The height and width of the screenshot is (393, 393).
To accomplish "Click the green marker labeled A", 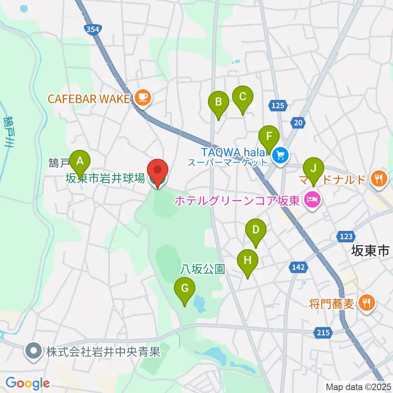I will pos(80,160).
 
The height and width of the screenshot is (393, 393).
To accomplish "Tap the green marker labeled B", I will pos(218,102).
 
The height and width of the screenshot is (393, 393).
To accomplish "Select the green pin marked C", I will pos(242,97).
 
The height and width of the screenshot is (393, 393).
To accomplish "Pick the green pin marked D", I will pos(255,230).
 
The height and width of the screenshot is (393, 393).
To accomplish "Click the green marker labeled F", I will pos(269,136).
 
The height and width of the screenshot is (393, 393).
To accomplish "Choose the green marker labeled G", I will pos(185,289).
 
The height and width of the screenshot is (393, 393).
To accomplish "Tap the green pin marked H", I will pos(248,260).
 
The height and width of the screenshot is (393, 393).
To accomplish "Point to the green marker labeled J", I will pos(314,168).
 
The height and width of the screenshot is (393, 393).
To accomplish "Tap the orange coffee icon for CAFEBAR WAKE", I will pos(142,97).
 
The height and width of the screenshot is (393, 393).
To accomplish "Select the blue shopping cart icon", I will pos(280,155).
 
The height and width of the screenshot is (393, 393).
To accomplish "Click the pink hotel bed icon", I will pos(312,200).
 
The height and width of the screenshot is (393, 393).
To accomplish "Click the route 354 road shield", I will pos(92,29).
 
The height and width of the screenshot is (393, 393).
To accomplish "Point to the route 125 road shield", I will pos(277,106).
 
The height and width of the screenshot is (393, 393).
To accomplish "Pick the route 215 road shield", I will pos(323,333).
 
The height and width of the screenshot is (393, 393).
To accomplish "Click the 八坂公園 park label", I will pos(203,269).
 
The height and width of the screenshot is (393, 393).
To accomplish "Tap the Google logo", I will pos(27,383).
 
